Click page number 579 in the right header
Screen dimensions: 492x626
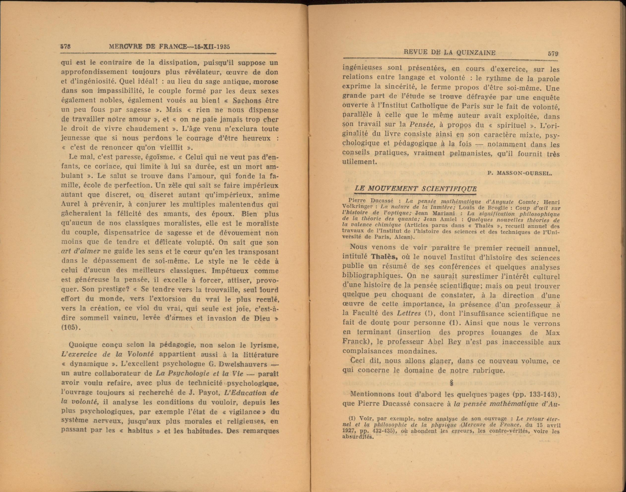[x=553, y=53]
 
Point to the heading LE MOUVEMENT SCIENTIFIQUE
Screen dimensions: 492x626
[x=415, y=189]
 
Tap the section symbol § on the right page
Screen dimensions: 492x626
[x=451, y=383]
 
